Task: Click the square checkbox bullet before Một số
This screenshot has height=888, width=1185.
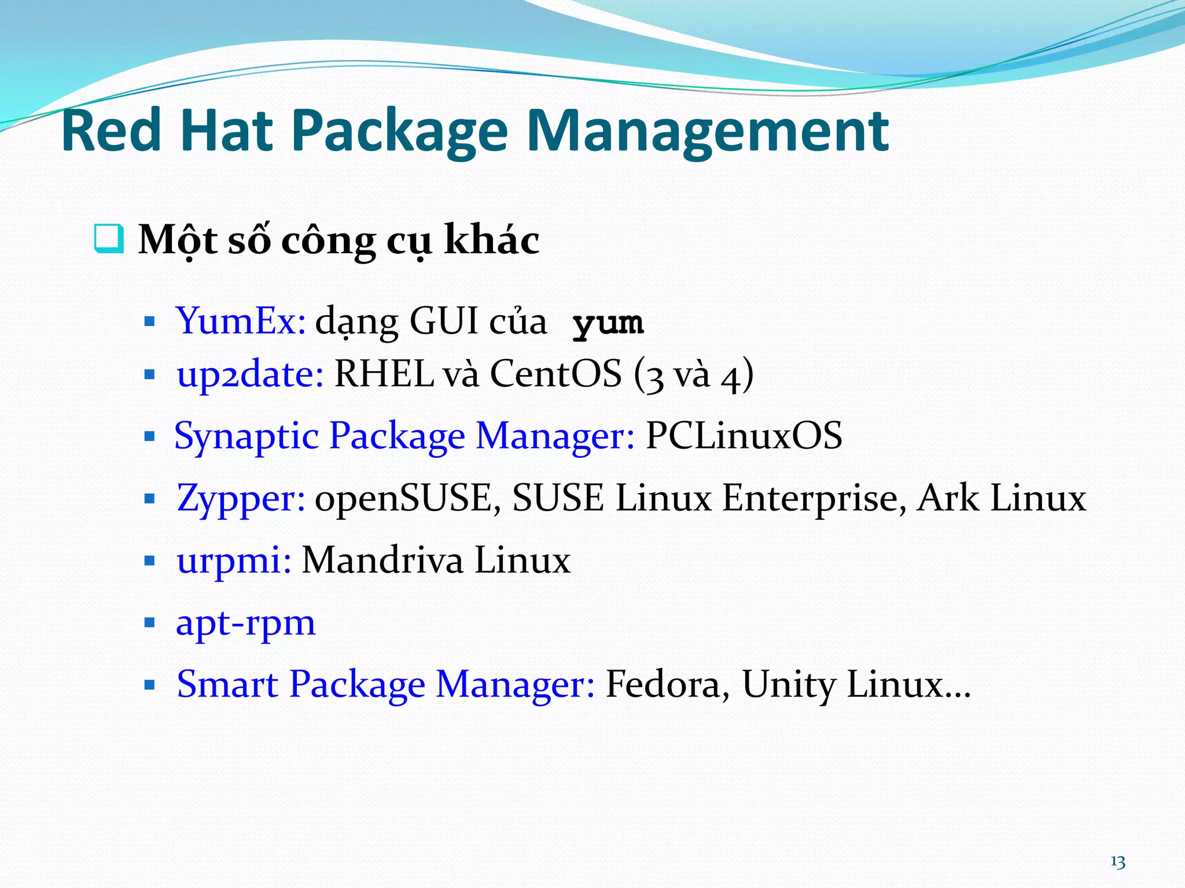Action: pos(109,238)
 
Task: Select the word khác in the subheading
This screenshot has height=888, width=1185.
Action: pos(491,239)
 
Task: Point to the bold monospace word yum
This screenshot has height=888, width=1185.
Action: pos(608,323)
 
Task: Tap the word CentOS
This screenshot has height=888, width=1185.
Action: pos(555,373)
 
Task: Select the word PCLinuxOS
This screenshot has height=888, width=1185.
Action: pos(744,435)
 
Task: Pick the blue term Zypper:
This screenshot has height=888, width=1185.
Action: pos(241,498)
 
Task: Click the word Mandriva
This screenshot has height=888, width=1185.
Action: pos(382,560)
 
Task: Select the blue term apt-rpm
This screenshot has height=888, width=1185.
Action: pos(246,623)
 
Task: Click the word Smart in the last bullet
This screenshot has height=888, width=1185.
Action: pos(227,684)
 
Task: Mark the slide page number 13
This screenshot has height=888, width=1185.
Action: pos(1117,862)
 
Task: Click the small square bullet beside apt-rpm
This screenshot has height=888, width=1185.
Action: pos(150,623)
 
